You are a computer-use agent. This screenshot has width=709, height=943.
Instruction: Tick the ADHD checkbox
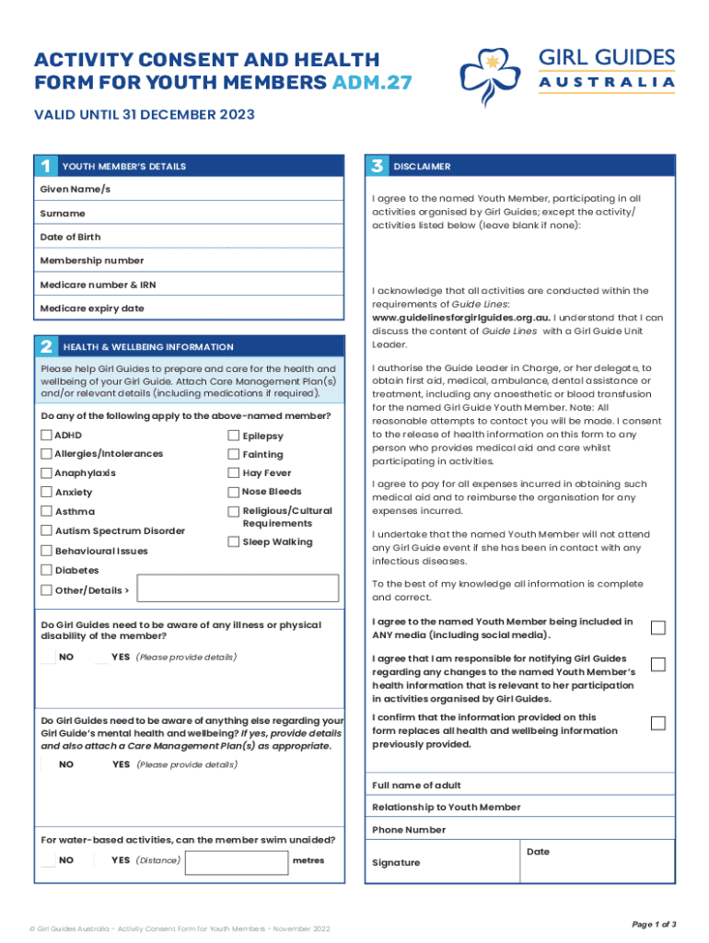46,435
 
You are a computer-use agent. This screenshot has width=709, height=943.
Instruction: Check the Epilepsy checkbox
234,436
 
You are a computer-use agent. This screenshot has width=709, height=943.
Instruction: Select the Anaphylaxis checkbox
46,473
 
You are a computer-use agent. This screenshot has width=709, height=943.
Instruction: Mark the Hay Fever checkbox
234,473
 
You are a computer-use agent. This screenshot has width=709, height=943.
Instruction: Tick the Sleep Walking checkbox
234,541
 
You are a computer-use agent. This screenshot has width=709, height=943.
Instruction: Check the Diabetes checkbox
46,570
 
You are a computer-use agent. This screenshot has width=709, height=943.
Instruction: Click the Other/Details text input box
238,590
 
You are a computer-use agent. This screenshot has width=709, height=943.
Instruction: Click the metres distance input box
236,861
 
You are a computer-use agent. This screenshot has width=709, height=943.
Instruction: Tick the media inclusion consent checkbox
658,628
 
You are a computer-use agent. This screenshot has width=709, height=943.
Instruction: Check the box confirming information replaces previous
658,724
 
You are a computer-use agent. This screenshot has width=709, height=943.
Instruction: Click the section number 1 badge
44,167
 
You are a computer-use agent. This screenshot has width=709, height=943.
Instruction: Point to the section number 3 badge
376,167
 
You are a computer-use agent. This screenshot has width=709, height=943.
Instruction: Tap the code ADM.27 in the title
371,84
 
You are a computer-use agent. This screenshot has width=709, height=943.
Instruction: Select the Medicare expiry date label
92,309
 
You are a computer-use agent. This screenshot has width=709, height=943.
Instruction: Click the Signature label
396,863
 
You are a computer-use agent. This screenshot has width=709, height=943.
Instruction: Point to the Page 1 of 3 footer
654,924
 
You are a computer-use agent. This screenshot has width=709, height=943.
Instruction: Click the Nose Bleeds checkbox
234,492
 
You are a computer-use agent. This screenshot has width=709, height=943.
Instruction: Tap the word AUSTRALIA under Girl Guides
607,83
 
